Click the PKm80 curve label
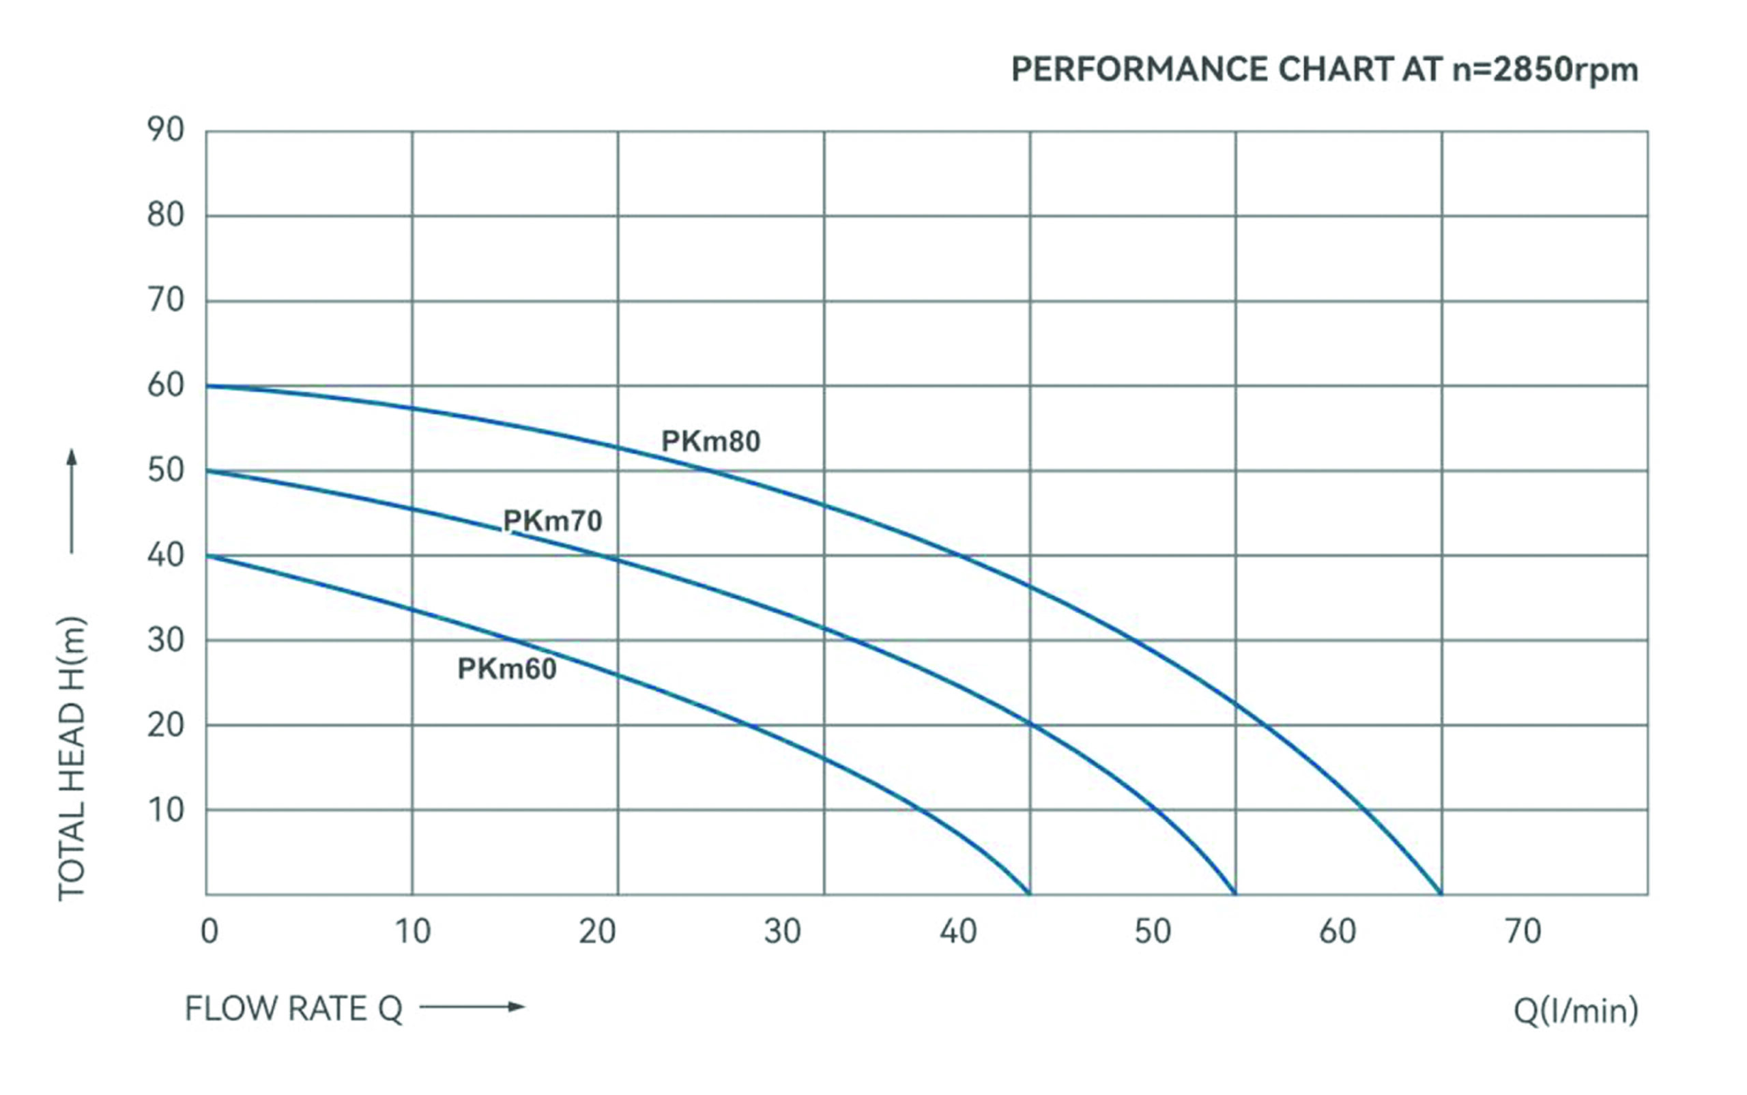pyautogui.click(x=710, y=441)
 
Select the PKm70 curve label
pyautogui.click(x=552, y=521)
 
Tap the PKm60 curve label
pyautogui.click(x=507, y=668)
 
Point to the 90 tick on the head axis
pyautogui.click(x=166, y=130)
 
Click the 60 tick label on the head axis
pyautogui.click(x=166, y=385)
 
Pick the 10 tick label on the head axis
pyautogui.click(x=166, y=810)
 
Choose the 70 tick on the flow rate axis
pyautogui.click(x=1522, y=931)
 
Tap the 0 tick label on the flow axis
pyautogui.click(x=210, y=931)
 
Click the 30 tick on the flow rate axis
pyautogui.click(x=782, y=931)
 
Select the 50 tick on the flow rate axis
pyautogui.click(x=1152, y=931)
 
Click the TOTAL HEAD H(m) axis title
pyautogui.click(x=72, y=758)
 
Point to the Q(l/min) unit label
pyautogui.click(x=1576, y=1010)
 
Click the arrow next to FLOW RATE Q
pyautogui.click(x=472, y=1007)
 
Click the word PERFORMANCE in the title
pyautogui.click(x=1140, y=70)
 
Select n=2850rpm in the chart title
pyautogui.click(x=1545, y=70)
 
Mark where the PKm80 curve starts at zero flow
pyautogui.click(x=207, y=386)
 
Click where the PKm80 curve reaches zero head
pyautogui.click(x=1440, y=894)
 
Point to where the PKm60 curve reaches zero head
pyautogui.click(x=1028, y=894)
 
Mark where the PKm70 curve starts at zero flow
pyautogui.click(x=207, y=471)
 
